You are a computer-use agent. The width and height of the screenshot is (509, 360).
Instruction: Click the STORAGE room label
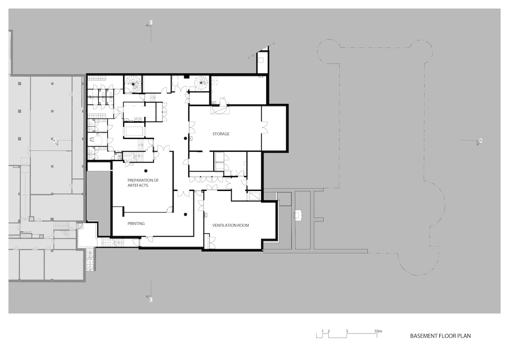pos(221,134)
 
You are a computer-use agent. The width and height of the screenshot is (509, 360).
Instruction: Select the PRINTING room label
pos(136,224)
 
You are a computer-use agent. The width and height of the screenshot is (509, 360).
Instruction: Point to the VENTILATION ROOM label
pos(231,225)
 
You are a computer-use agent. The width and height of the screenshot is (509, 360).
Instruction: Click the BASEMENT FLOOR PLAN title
pos(440,336)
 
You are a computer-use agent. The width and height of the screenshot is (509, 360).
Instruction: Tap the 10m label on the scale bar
pos(378,331)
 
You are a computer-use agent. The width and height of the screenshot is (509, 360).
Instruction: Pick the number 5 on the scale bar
pos(347,331)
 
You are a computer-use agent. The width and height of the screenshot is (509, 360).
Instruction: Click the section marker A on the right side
pos(480,141)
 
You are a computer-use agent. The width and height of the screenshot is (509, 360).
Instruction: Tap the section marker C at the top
pos(150,22)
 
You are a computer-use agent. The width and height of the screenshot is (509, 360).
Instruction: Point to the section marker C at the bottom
pos(150,299)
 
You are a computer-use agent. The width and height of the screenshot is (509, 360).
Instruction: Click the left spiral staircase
pos(133,84)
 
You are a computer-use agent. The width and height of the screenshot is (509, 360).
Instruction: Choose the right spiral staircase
pos(201,84)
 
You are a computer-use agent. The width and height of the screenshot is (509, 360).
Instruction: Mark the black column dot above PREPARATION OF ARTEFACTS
pos(146,171)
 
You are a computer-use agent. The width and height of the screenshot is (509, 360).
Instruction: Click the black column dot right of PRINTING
pos(185,214)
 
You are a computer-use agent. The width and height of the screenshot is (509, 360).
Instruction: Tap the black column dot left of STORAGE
pos(185,139)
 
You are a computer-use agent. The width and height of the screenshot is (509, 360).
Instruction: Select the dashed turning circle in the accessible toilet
pos(97,140)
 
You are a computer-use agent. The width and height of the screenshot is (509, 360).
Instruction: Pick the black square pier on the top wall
pos(186,76)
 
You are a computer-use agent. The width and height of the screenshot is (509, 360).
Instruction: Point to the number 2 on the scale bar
pos(328,331)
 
